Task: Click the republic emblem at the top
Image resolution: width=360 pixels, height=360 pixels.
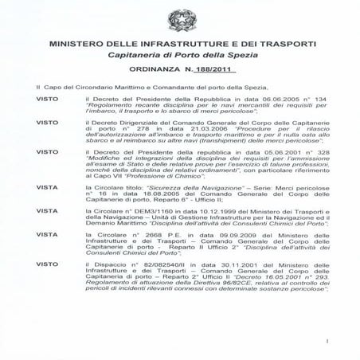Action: (x=179, y=20)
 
